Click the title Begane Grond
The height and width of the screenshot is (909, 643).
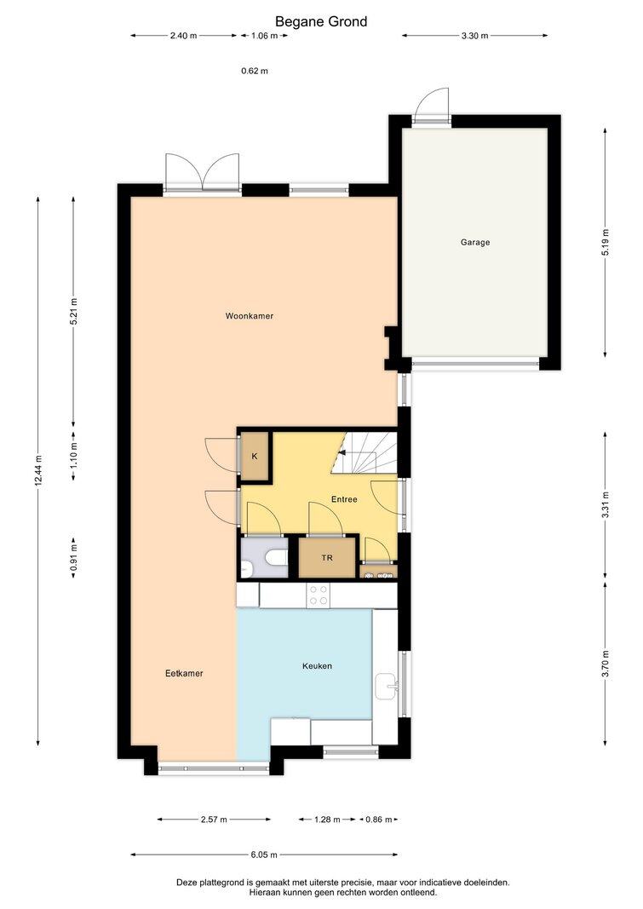[321, 21]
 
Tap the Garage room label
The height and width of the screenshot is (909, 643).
[475, 242]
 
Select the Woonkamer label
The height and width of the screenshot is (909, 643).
[249, 316]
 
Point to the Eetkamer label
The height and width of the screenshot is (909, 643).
[184, 673]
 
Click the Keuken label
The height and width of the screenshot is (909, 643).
[317, 666]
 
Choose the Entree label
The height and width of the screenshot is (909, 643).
[344, 499]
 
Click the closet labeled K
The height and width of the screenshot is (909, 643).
[255, 457]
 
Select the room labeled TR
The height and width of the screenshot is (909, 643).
[327, 558]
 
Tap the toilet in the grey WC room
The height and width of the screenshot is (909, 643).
[276, 558]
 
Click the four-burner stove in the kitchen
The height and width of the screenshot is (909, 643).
[318, 595]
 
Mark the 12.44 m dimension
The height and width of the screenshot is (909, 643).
[38, 471]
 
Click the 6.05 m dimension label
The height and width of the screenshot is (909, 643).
[264, 854]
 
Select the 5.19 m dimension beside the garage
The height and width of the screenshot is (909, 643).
[606, 242]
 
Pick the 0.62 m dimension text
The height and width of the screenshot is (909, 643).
[255, 72]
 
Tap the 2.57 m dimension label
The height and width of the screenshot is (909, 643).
[214, 820]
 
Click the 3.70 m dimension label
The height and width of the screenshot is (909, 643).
[606, 664]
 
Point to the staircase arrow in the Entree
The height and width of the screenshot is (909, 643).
[342, 454]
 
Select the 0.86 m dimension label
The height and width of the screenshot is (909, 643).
[379, 820]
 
